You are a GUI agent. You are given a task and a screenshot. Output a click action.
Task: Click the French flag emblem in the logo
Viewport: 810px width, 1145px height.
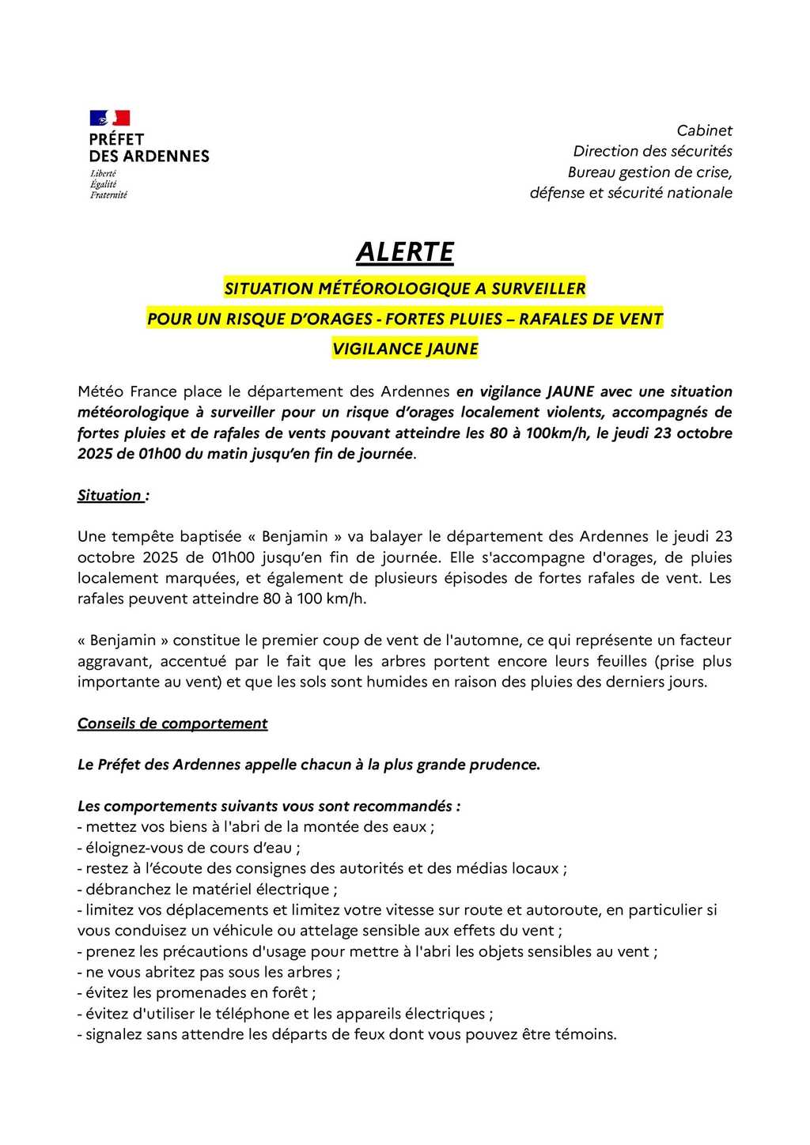[x=109, y=119]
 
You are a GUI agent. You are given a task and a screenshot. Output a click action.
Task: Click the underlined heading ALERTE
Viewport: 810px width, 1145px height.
[x=405, y=252]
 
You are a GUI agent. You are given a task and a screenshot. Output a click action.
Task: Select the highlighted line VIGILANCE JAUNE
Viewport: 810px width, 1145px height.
[x=405, y=349]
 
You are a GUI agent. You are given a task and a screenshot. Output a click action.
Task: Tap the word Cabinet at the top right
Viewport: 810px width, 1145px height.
[x=704, y=130]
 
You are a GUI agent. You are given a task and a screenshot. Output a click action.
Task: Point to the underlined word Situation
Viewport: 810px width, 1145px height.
[x=109, y=496]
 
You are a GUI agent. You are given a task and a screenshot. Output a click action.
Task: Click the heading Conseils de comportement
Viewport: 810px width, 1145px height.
[x=172, y=724]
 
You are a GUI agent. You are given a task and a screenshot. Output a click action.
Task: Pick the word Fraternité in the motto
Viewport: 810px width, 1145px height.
[x=108, y=195]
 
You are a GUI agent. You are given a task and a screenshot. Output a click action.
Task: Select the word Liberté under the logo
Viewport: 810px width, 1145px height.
[x=103, y=174]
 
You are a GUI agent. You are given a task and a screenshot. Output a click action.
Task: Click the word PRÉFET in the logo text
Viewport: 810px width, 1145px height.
[x=116, y=139]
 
